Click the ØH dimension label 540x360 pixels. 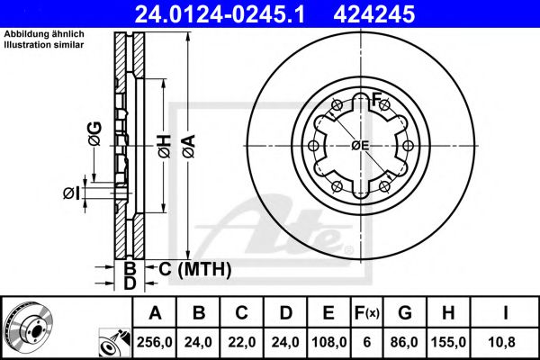click(x=164, y=145)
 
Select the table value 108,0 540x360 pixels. click(x=328, y=344)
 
